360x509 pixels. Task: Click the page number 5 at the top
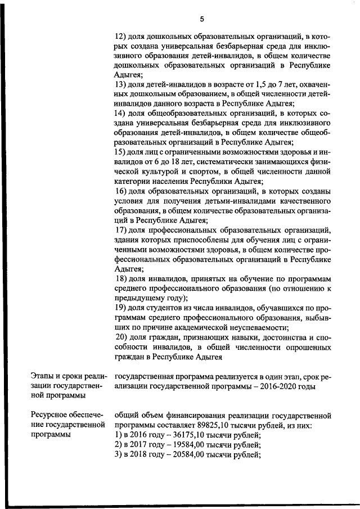(x=201, y=19)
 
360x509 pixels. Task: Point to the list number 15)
(x=120, y=152)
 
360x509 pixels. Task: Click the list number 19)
(x=120, y=308)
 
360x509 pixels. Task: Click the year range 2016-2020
(x=273, y=386)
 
